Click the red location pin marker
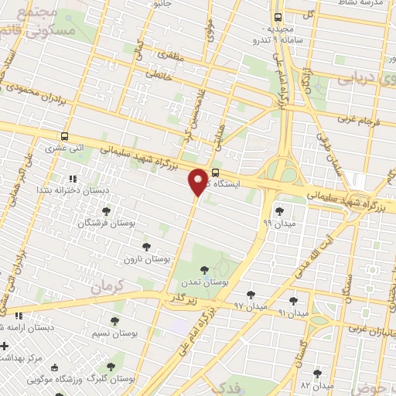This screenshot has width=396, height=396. coord(199,182)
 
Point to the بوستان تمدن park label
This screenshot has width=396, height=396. coord(204,284)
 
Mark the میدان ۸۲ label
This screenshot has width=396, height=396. coord(316,384)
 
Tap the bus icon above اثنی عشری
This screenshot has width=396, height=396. coord(65,135)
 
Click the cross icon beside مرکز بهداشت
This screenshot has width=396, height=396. coord(5,346)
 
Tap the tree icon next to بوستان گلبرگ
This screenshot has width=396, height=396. coord(111,364)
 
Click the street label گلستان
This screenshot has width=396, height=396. coord(303,346)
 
